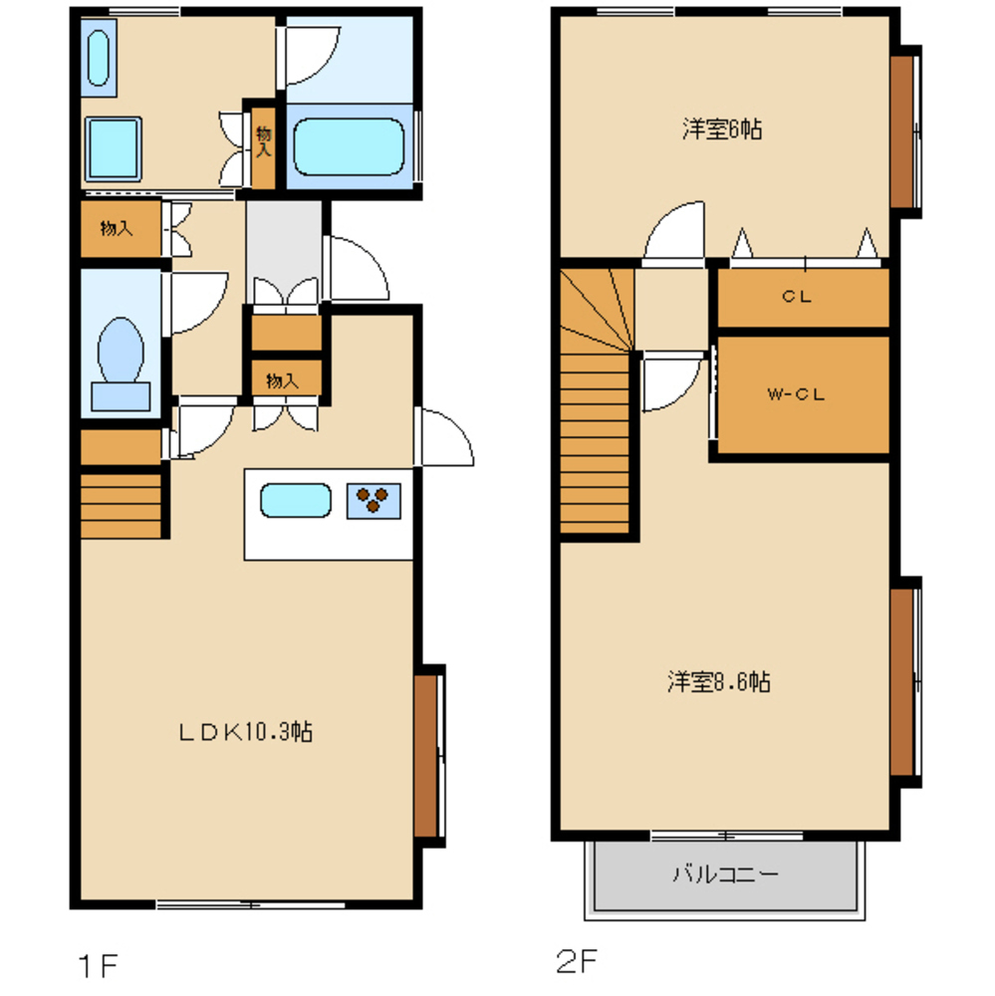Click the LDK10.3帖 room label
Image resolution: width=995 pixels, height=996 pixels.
click(246, 732)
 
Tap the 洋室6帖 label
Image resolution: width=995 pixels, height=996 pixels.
click(722, 128)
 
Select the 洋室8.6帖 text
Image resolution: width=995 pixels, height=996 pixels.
click(719, 681)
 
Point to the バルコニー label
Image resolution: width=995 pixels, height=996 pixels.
click(725, 874)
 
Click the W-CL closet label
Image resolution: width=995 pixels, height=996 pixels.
click(796, 394)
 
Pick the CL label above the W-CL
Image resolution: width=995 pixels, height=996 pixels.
click(797, 296)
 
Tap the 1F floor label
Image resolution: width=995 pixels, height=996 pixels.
click(98, 966)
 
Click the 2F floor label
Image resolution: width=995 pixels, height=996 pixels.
click(577, 961)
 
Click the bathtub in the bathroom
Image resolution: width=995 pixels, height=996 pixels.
click(349, 146)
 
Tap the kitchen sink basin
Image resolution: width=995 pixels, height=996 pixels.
click(296, 500)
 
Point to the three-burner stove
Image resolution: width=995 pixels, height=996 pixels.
click(373, 501)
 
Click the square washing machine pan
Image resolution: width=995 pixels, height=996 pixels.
click(114, 148)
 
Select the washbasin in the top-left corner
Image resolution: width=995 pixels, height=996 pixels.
click(99, 58)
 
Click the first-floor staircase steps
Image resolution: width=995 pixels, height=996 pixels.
click(121, 506)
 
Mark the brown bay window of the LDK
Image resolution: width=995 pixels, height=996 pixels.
click(425, 756)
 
